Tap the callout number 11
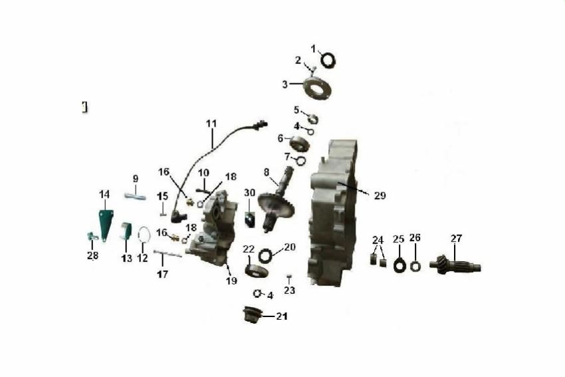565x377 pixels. point(211,123)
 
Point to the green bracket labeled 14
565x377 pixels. point(105,224)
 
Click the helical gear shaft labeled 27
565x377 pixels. point(455,265)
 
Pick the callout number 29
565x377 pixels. point(380,196)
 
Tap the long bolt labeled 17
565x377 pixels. point(168,254)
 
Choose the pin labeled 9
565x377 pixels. point(135,196)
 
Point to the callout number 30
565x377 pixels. point(249,193)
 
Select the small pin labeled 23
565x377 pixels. point(288,276)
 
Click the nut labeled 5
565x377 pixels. point(313,118)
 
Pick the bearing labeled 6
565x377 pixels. point(299,143)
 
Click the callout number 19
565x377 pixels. point(231,280)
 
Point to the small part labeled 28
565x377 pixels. point(92,236)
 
